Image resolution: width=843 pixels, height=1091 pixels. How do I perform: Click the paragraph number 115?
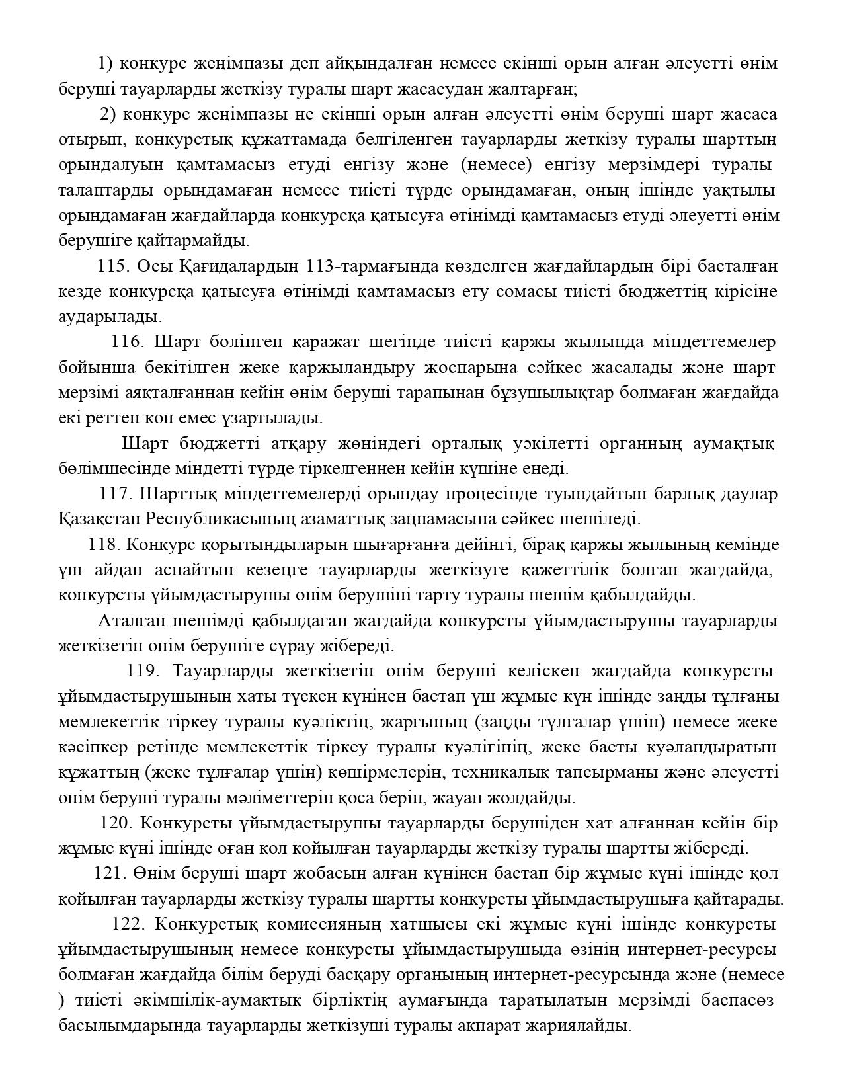click(113, 266)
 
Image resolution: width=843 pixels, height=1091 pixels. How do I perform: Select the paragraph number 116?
click(127, 342)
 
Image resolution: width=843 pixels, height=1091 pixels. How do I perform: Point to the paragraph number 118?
click(103, 545)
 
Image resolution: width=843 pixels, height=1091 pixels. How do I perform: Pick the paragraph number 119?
click(141, 671)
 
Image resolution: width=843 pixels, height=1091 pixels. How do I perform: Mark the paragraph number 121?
click(110, 873)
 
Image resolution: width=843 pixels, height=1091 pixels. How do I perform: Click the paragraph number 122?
click(128, 924)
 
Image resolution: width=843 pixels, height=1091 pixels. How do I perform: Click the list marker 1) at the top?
click(105, 63)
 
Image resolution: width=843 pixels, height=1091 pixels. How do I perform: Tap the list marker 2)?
click(108, 114)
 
